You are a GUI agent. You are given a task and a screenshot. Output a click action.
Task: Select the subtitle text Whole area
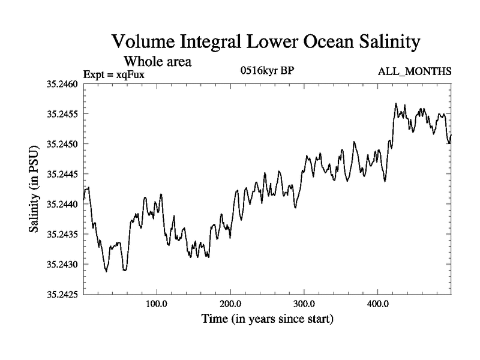(157, 61)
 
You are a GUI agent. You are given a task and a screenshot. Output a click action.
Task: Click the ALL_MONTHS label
(414, 72)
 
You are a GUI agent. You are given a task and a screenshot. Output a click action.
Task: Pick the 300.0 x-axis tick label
(304, 304)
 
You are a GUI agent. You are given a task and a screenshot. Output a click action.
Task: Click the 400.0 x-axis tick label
(378, 304)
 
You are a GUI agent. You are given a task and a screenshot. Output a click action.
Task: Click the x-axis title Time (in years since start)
(266, 319)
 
